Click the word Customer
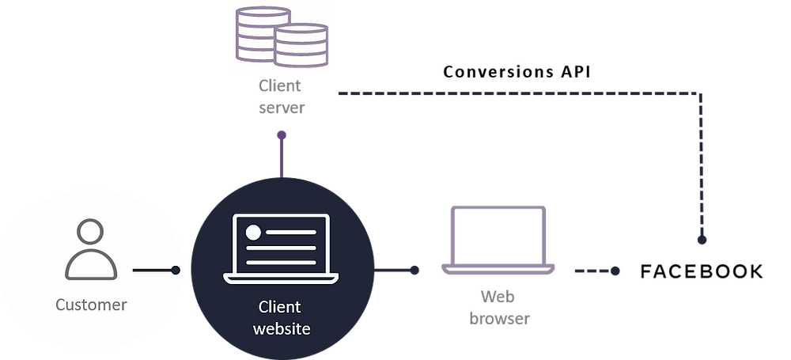click(x=91, y=305)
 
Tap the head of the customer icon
click(x=91, y=234)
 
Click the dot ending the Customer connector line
click(x=176, y=271)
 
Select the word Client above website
click(x=281, y=307)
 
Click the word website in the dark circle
click(x=281, y=328)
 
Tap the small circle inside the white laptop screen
click(x=254, y=233)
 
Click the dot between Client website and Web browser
click(x=414, y=271)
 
